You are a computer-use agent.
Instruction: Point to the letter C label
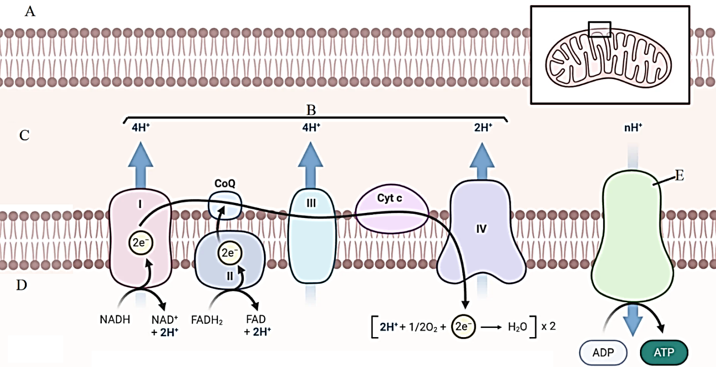24,135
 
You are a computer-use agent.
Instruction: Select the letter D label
21,285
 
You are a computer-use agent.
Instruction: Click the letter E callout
680,176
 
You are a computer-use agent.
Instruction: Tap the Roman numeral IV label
481,229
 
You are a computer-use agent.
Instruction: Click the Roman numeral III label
311,202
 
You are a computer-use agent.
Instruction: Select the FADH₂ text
208,320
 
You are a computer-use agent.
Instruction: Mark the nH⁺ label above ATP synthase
633,128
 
